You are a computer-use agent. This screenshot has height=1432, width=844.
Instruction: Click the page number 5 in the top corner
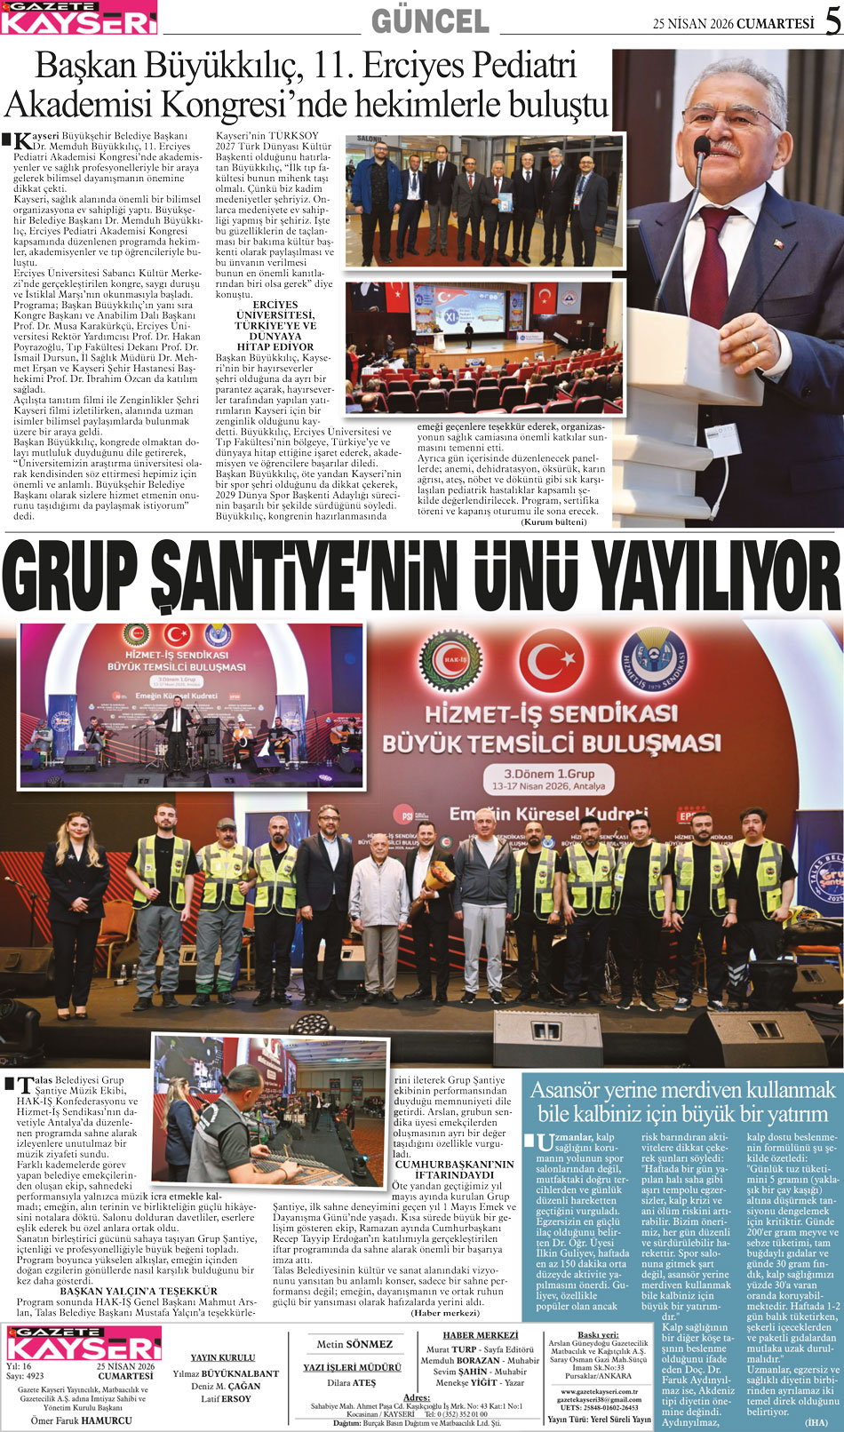[x=832, y=21]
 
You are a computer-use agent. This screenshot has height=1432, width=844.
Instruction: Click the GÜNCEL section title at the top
[x=429, y=20]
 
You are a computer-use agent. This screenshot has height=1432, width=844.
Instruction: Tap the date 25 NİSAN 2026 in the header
[x=693, y=24]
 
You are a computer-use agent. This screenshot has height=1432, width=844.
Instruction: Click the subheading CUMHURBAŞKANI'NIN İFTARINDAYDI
[x=454, y=1169]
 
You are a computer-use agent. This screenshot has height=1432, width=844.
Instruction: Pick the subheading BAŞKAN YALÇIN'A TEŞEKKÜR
[x=138, y=1291]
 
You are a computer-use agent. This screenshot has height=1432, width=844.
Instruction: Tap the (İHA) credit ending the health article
[x=816, y=1421]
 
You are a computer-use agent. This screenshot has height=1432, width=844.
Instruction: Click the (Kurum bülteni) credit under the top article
[x=553, y=521]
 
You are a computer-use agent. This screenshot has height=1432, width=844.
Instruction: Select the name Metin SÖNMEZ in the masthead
[x=354, y=1344]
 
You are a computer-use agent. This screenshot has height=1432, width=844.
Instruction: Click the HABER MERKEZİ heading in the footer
[x=480, y=1335]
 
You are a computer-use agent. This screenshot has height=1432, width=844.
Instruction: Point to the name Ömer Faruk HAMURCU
[x=81, y=1420]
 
